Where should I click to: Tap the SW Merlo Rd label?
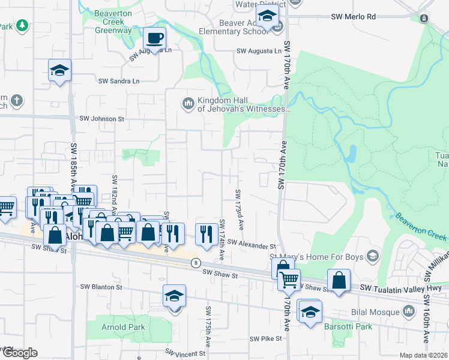(354, 17)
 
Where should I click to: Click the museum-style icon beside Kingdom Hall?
(188, 104)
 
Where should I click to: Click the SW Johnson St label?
(101, 119)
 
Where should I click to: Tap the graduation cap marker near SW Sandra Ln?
(60, 71)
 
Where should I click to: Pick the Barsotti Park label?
(348, 327)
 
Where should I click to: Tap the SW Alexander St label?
(252, 246)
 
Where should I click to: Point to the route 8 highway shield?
(195, 263)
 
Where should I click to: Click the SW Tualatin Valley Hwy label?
(400, 289)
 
